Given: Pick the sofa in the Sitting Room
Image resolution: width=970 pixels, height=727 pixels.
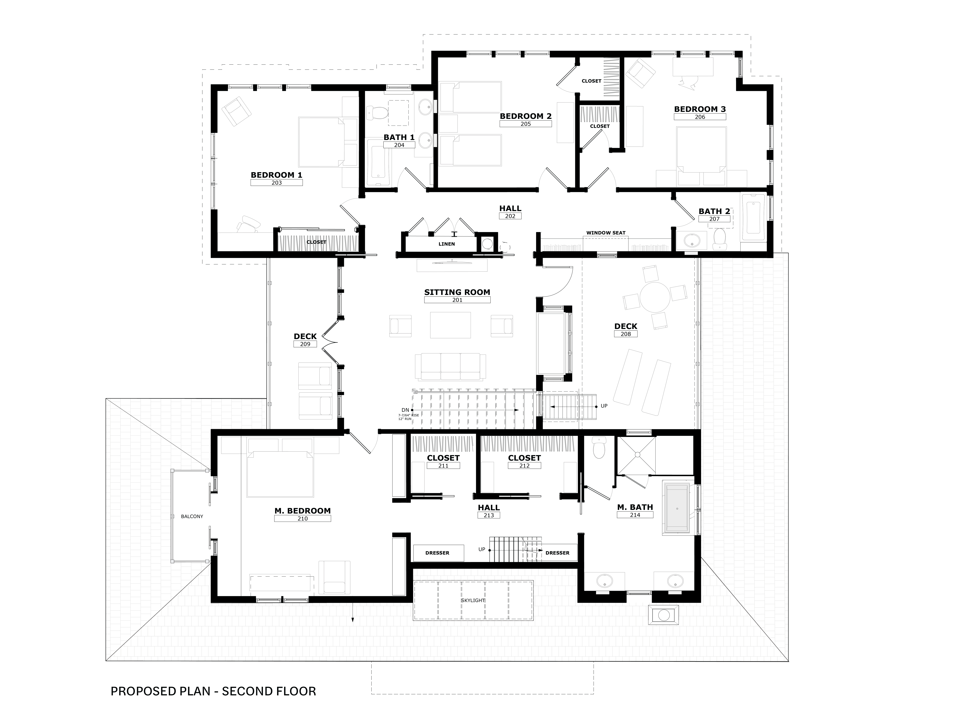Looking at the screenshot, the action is coord(450,367).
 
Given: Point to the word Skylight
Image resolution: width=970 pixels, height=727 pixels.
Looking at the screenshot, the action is coord(473,600).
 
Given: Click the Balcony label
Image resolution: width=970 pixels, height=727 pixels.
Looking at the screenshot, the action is coord(192,517).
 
